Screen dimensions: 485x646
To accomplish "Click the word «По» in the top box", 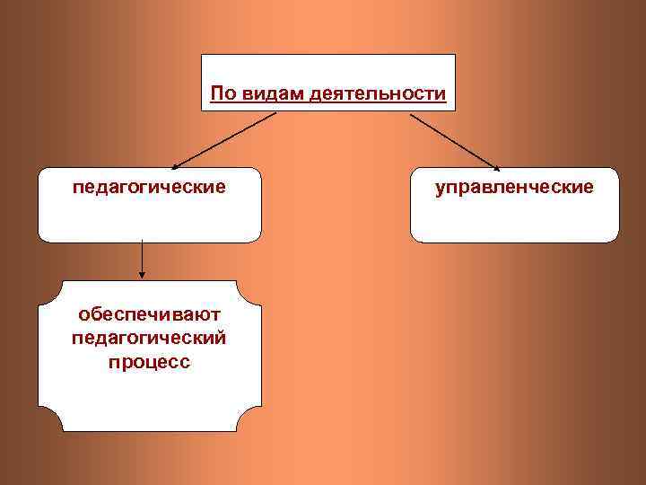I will click(221, 93).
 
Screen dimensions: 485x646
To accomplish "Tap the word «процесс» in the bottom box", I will click(149, 364).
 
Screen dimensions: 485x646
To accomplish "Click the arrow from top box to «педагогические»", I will click(224, 139).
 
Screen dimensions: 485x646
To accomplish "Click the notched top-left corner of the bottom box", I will click(46, 288).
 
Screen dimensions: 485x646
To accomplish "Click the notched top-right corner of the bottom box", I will click(255, 288).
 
